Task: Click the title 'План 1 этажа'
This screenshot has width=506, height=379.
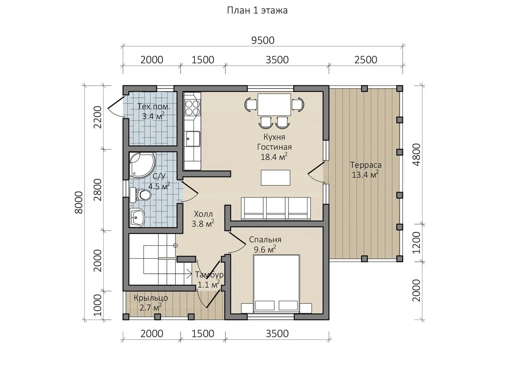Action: (257, 11)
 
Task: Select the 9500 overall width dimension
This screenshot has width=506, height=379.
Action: (263, 40)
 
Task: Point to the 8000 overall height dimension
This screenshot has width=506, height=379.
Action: (79, 202)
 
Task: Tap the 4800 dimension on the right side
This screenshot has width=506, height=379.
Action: (417, 155)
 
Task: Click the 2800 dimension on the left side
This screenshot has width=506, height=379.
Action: (98, 190)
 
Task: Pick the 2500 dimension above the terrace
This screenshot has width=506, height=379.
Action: (366, 60)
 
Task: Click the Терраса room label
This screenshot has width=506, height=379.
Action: (366, 165)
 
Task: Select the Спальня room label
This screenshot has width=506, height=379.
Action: (265, 240)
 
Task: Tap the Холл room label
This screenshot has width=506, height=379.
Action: (203, 214)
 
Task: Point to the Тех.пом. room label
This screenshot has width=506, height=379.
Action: (154, 107)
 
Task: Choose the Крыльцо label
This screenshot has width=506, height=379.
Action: (151, 298)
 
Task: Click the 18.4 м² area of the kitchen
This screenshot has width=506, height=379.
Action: (274, 157)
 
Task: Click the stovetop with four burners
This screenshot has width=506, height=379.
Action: (193, 107)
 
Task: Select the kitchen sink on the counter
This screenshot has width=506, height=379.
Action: (193, 139)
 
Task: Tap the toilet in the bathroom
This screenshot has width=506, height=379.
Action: (141, 195)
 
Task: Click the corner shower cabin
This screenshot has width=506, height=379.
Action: (142, 165)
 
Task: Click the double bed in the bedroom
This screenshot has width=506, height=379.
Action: (277, 284)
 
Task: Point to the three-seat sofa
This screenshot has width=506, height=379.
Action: (276, 208)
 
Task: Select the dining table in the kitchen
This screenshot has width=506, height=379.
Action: (274, 104)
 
